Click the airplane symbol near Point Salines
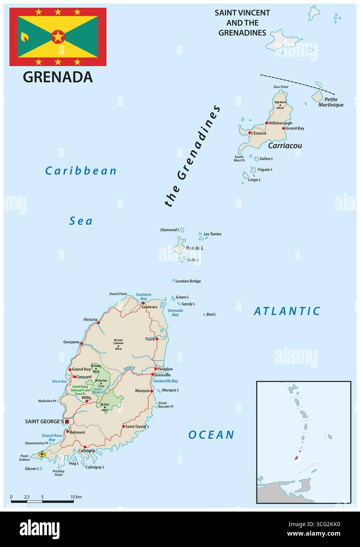pos(43,454)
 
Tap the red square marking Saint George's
pos(67,421)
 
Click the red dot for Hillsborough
pos(267,123)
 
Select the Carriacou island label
pos(285,146)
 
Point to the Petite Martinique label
pos(330,102)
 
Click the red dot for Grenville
pos(152,375)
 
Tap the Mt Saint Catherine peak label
pos(119,343)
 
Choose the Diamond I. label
pos(169,229)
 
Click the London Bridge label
pos(188,281)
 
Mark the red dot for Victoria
pos(98,322)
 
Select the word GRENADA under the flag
pos(58,77)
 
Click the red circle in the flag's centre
pos(58,37)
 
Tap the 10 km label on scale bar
pos(76,497)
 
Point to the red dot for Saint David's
pos(123,426)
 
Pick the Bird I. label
pos(211,314)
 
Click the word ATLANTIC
pos(287,311)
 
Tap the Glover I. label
pos(31,469)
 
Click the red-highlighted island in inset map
pos(296,458)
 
